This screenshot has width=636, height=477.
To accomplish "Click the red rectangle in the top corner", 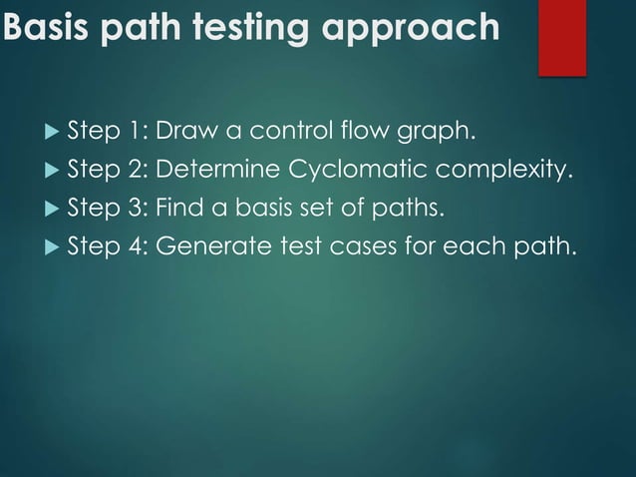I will (562, 36).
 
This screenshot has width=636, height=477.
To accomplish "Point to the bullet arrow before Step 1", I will (51, 131).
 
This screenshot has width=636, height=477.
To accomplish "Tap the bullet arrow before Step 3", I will (51, 209).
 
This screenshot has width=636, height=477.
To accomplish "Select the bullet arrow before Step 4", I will (51, 246).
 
